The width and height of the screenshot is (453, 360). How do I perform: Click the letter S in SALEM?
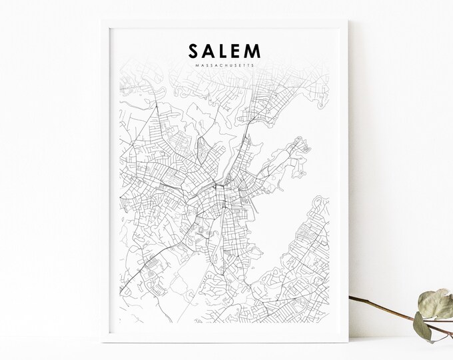point(194,52)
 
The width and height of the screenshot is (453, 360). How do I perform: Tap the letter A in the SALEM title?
point(210,52)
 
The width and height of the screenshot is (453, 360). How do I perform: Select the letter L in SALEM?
point(225,52)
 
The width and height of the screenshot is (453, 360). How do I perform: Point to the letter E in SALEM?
point(239,52)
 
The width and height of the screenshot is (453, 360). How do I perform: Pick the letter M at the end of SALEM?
point(256,52)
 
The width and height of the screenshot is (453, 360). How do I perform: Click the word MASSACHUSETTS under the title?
point(225,65)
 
